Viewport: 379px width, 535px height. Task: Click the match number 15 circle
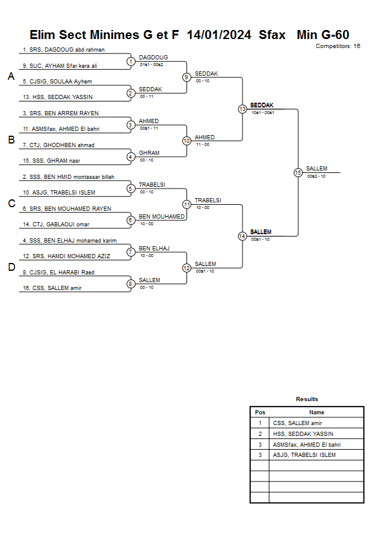[298, 172]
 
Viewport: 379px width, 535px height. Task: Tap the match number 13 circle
[242, 109]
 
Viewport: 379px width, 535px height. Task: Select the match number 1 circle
[131, 61]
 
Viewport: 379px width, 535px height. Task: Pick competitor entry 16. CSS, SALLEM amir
[52, 288]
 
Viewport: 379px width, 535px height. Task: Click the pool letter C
[11, 204]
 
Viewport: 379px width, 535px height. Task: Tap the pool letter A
[11, 76]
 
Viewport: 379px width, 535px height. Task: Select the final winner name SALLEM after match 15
[317, 169]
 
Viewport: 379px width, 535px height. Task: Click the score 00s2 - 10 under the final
[316, 177]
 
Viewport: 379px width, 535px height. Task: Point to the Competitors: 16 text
[337, 46]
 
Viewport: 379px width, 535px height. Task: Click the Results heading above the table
[307, 399]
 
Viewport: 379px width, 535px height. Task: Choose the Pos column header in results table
[260, 413]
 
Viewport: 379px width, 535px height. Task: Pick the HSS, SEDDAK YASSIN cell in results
[303, 434]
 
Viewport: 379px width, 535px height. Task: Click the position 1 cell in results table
[260, 423]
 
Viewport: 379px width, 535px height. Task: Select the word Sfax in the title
[272, 35]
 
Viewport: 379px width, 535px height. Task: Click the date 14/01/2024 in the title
[219, 35]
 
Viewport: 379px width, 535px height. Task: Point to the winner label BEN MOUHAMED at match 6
[162, 216]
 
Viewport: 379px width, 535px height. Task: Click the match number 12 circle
[186, 268]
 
